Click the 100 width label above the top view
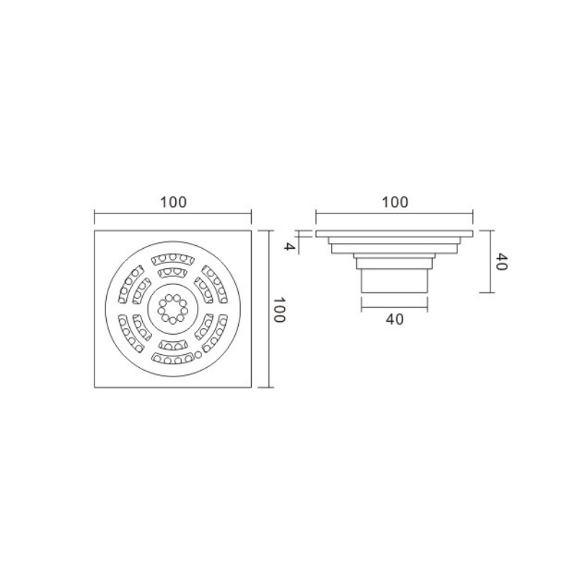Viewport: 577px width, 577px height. (173, 202)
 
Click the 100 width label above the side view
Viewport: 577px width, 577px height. (395, 202)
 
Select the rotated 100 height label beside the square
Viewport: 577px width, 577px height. (278, 309)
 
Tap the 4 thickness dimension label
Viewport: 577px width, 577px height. (290, 246)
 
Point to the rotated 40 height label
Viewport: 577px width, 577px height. (501, 261)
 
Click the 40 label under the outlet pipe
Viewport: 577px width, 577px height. (395, 319)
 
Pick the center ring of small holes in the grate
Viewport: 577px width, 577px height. (173, 309)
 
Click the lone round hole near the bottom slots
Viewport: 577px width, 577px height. (198, 355)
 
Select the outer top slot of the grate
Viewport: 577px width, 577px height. (173, 259)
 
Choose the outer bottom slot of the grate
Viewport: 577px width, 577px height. (173, 358)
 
